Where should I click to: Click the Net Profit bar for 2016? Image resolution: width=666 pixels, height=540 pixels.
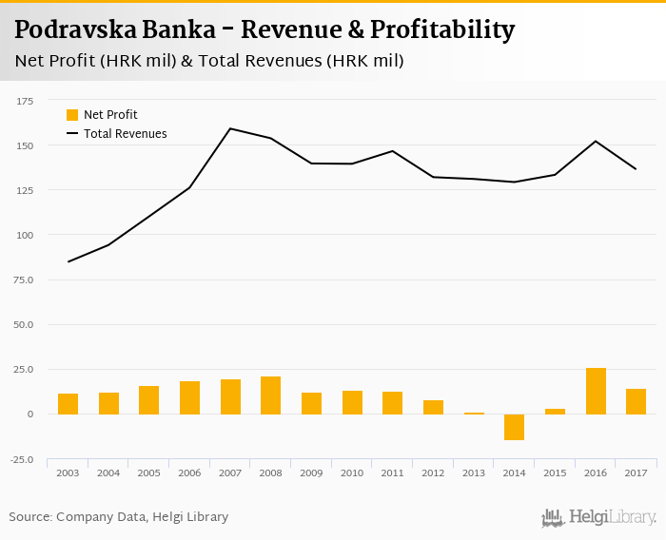[x=596, y=391]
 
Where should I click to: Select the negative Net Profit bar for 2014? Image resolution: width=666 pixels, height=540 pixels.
[x=514, y=427]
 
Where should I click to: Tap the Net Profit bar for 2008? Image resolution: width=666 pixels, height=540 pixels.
[x=270, y=395]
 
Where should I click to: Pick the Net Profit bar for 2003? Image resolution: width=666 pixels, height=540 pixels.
[x=68, y=404]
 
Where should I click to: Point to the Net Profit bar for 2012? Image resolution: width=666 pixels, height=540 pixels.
[x=433, y=407]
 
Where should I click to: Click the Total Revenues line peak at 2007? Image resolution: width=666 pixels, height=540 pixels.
[x=230, y=128]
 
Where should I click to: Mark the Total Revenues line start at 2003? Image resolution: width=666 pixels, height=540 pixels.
[x=68, y=261]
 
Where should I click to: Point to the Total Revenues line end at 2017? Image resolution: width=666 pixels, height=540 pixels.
[x=636, y=169]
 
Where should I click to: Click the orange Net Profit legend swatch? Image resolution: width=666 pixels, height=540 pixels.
[x=72, y=115]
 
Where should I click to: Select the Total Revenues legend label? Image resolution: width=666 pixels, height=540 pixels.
[x=125, y=134]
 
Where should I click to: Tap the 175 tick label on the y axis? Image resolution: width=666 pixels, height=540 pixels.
[x=25, y=101]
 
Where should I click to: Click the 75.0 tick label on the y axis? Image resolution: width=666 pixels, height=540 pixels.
[x=22, y=280]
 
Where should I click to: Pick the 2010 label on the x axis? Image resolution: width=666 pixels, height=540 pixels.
[x=352, y=472]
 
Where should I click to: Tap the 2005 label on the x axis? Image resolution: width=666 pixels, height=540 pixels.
[x=148, y=472]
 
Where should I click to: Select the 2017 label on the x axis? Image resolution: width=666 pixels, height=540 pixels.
[x=636, y=472]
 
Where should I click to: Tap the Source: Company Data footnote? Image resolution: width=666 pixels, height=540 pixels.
[x=119, y=517]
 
